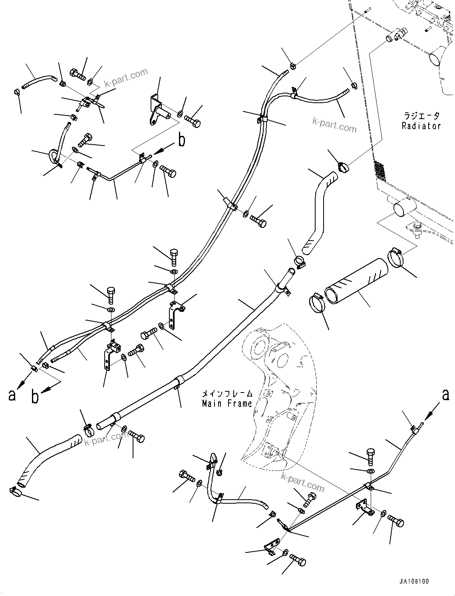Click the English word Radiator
[421, 126]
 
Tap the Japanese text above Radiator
[421, 116]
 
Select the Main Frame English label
[227, 403]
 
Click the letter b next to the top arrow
[182, 140]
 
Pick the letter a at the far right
[445, 395]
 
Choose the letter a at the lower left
[12, 395]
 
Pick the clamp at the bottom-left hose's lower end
[16, 492]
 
